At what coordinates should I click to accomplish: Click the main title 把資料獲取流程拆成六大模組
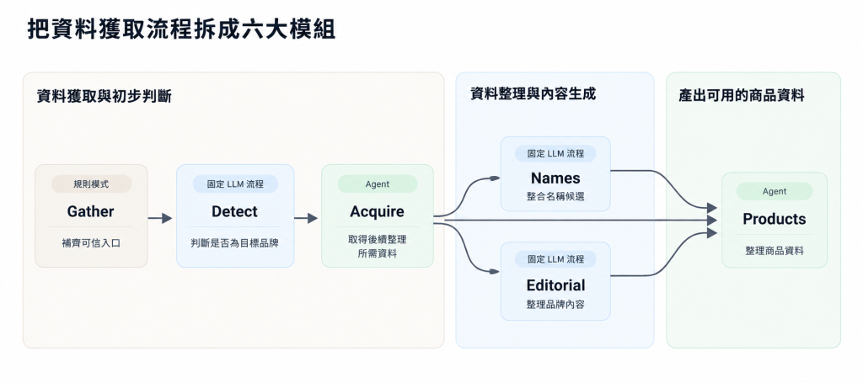tap(181, 29)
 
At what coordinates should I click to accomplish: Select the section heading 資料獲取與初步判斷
tap(104, 96)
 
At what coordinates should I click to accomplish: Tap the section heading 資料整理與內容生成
tap(533, 94)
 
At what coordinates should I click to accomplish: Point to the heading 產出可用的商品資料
tap(742, 96)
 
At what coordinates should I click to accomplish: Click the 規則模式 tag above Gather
tap(91, 184)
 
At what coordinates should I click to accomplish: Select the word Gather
tap(91, 211)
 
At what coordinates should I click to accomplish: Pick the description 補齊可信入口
tap(91, 243)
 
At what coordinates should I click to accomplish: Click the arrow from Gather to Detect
tap(160, 218)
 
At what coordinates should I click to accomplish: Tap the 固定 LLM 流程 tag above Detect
tap(235, 184)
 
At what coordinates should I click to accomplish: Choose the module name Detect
tap(235, 211)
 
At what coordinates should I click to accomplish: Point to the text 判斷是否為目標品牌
tap(235, 243)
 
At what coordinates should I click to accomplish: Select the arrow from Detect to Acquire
tap(306, 218)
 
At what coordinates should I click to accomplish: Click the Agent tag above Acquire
tap(378, 184)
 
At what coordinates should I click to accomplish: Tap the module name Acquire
tap(377, 211)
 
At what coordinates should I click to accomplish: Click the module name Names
tap(555, 178)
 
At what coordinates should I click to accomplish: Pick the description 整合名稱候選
tap(555, 196)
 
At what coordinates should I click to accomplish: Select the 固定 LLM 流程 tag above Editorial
tap(555, 258)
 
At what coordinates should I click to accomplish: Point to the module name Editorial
tap(555, 285)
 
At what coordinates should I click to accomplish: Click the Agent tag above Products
tap(775, 191)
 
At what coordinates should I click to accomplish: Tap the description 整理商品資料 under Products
tap(775, 251)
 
